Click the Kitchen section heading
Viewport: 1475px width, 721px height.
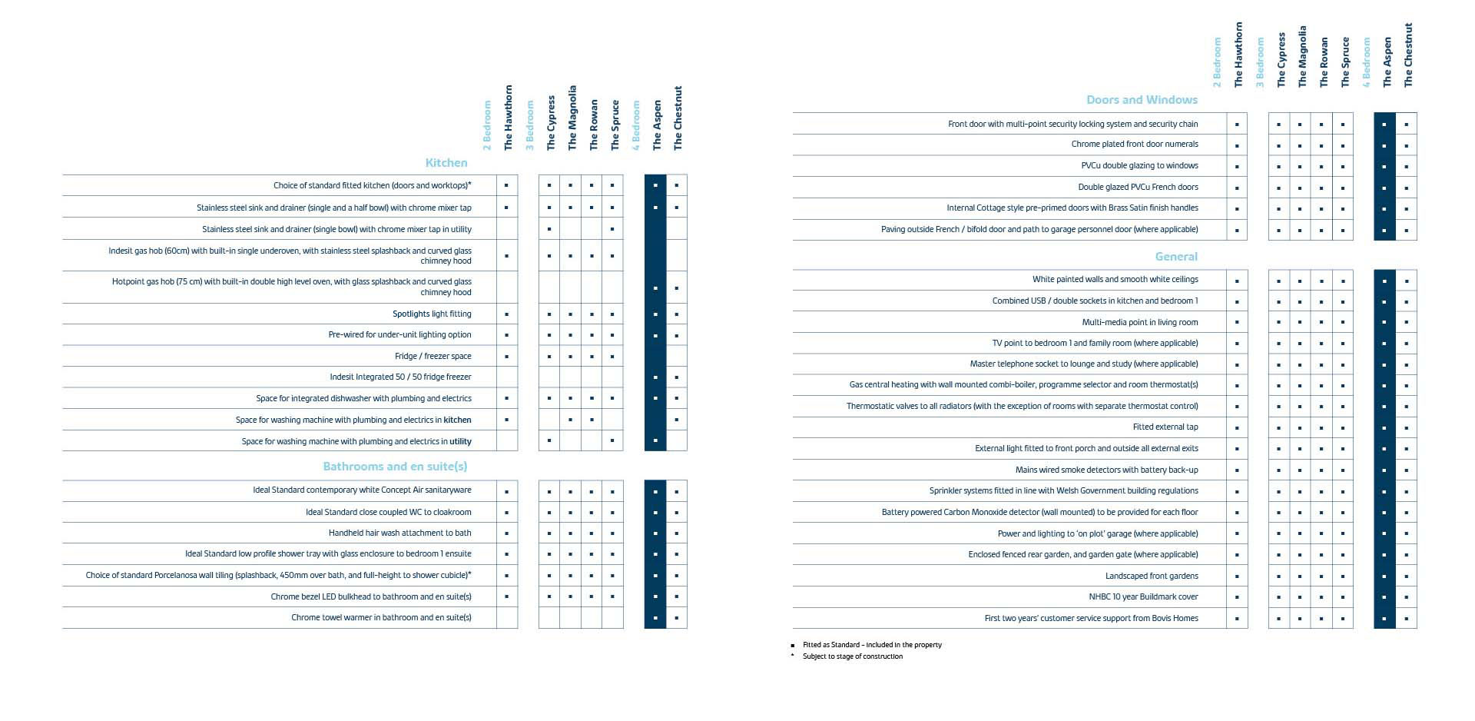tap(446, 163)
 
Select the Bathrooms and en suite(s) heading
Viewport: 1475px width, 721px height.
tap(395, 467)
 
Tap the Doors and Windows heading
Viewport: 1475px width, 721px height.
tap(1142, 100)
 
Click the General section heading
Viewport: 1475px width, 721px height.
tap(1176, 257)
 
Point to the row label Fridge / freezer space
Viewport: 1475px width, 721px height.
tap(433, 357)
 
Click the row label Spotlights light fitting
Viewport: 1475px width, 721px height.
tap(432, 314)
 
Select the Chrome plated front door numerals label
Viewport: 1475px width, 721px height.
tap(1135, 145)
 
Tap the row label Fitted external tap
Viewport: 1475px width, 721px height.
tap(1165, 427)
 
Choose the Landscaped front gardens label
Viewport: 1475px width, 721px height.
tap(1152, 576)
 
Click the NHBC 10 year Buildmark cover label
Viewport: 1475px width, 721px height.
tap(1143, 597)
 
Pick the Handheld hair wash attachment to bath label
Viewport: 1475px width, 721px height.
tap(399, 533)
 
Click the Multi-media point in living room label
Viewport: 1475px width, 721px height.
tap(1140, 323)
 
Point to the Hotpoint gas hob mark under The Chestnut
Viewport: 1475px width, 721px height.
tap(677, 289)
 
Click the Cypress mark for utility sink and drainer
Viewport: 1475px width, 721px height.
tap(549, 230)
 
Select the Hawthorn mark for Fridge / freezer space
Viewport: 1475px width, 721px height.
tap(507, 357)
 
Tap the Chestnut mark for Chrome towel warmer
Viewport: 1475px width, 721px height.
tap(677, 618)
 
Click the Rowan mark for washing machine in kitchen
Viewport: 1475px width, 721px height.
tap(592, 420)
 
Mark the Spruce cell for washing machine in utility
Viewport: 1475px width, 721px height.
tap(612, 441)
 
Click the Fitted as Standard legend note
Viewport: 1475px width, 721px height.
tap(872, 646)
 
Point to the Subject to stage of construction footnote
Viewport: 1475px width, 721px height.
tap(853, 657)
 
